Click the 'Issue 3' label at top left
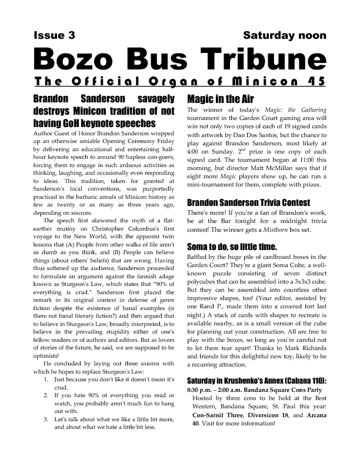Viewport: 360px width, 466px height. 54,35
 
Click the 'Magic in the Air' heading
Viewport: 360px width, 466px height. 220,99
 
